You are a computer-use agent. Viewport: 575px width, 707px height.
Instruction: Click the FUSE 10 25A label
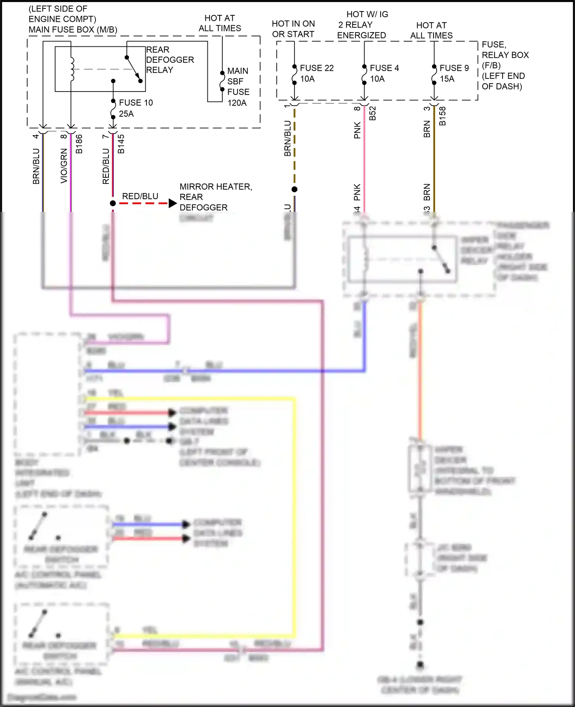tap(135, 108)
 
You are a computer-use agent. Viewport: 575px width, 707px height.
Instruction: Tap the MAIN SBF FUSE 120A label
tap(238, 87)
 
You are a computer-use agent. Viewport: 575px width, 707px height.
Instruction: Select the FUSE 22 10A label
tap(316, 73)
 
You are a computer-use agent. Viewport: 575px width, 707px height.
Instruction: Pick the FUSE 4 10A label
tap(384, 73)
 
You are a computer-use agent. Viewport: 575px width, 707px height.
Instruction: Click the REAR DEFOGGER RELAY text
tap(169, 60)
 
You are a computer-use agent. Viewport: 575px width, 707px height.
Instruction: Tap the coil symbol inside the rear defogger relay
tap(72, 69)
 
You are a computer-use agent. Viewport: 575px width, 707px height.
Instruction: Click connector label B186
tap(79, 144)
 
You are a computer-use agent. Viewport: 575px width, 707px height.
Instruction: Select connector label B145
tap(121, 144)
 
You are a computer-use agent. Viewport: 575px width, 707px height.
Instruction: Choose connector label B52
tap(372, 113)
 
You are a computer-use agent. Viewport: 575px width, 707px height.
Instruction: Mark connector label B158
tap(442, 116)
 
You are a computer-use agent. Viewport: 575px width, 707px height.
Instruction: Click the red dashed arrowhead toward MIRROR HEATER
tap(173, 203)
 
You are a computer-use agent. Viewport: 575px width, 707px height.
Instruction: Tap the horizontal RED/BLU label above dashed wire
tap(140, 196)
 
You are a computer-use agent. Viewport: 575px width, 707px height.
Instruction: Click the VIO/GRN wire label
tap(64, 165)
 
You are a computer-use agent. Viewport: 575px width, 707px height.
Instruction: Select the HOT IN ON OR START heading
tap(293, 29)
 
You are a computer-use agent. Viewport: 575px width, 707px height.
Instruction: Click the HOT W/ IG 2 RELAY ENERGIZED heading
tap(362, 25)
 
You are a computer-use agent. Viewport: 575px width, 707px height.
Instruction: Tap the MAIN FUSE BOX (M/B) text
tap(73, 29)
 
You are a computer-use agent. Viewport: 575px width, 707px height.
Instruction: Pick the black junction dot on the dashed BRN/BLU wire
tap(294, 189)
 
